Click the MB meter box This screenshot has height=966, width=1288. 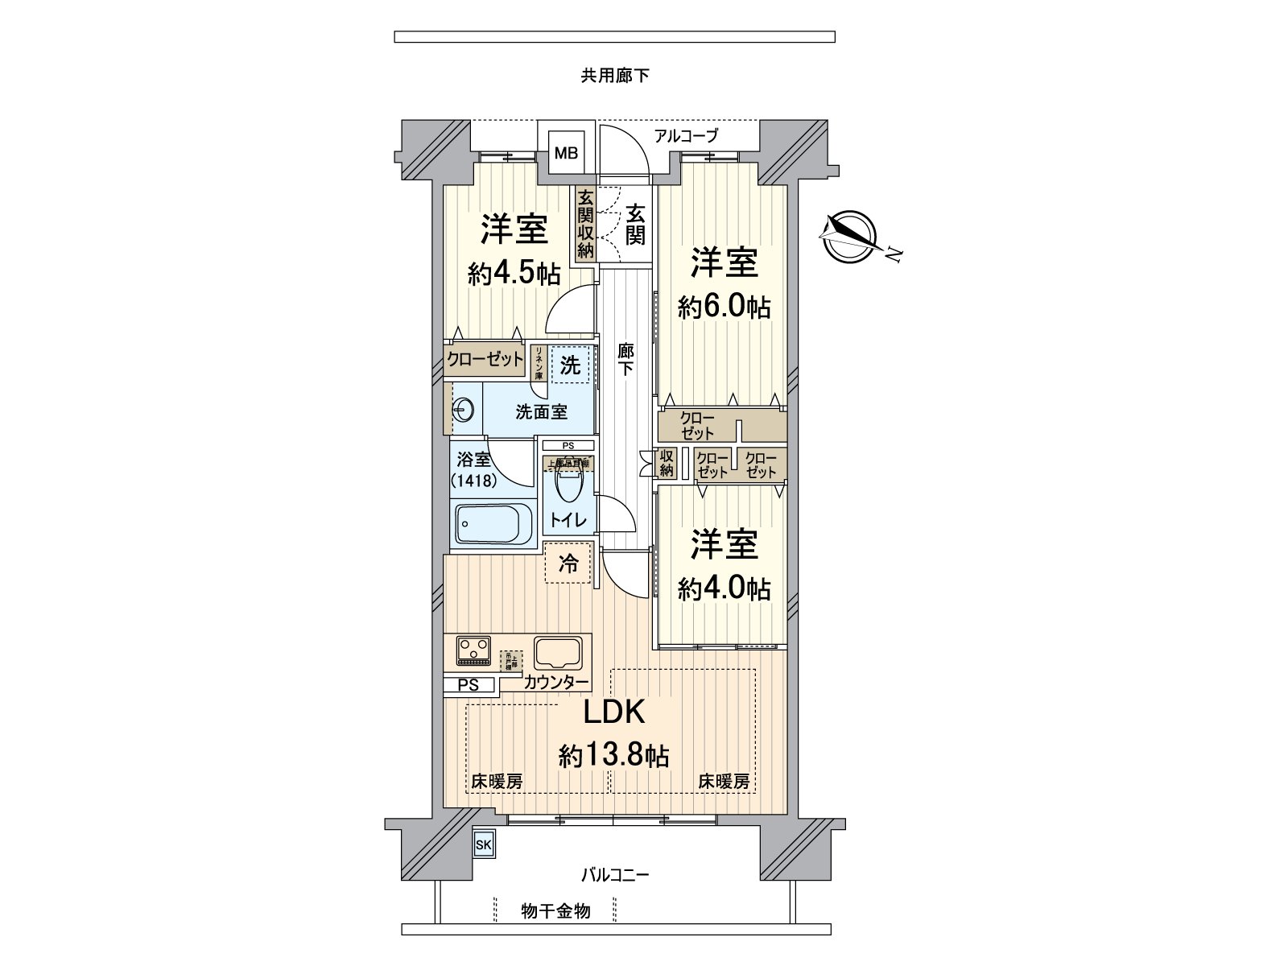click(x=566, y=153)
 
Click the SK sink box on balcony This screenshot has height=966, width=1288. click(x=483, y=844)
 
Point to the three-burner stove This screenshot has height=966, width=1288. click(x=473, y=650)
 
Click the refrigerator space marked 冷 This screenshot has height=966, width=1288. click(x=568, y=563)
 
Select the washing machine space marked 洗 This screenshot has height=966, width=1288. click(x=570, y=365)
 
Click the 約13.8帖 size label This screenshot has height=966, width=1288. click(x=614, y=755)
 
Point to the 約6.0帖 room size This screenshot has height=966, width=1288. click(x=724, y=307)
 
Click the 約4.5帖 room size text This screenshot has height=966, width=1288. click(x=514, y=274)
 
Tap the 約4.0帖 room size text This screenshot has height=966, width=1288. click(x=724, y=588)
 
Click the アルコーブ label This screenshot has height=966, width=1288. click(x=685, y=136)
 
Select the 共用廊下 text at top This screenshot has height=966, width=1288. click(x=614, y=76)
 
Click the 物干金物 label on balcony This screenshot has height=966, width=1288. click(x=555, y=910)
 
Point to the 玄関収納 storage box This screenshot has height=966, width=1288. click(x=585, y=223)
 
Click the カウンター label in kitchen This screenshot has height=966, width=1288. click(x=555, y=683)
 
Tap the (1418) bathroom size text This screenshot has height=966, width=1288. click(x=473, y=481)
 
